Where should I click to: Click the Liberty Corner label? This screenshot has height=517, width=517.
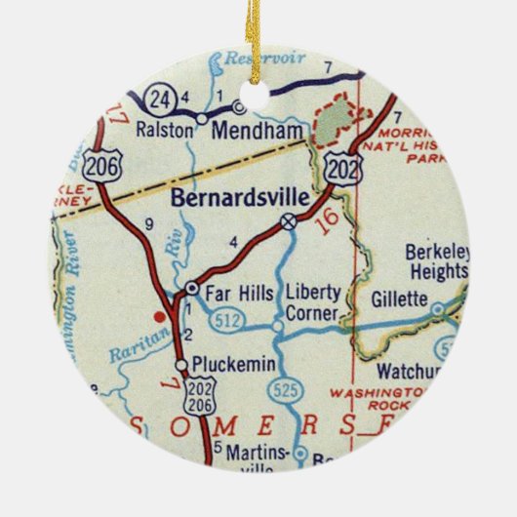point(311,304)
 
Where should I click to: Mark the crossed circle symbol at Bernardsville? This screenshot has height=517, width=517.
point(289,222)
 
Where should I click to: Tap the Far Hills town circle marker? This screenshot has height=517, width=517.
point(192,289)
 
